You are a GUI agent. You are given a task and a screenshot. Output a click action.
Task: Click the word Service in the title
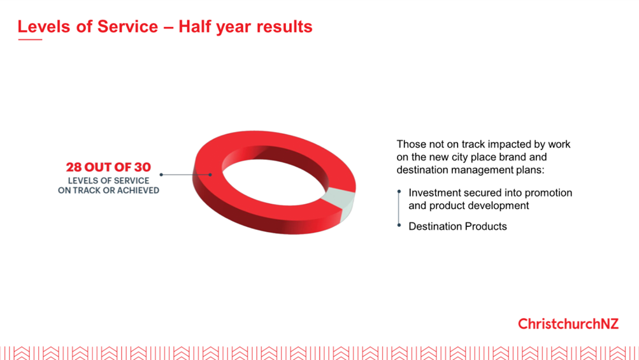point(127,27)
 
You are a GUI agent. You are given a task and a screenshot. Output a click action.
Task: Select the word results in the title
point(285,27)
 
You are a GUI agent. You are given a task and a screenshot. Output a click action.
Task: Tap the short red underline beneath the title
point(30,40)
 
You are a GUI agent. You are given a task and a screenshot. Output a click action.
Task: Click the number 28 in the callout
point(74,167)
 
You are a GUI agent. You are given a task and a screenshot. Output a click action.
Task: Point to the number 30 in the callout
point(143,167)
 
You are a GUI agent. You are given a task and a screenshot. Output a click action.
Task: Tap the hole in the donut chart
point(274,182)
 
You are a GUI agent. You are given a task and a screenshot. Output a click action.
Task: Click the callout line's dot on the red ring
point(210,175)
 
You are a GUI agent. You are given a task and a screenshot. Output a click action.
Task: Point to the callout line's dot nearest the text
point(161,175)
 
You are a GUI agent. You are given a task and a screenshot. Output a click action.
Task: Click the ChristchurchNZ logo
point(568,324)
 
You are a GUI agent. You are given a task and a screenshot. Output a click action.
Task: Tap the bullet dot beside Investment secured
point(399,192)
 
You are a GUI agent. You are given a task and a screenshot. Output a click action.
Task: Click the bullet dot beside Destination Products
point(399,225)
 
